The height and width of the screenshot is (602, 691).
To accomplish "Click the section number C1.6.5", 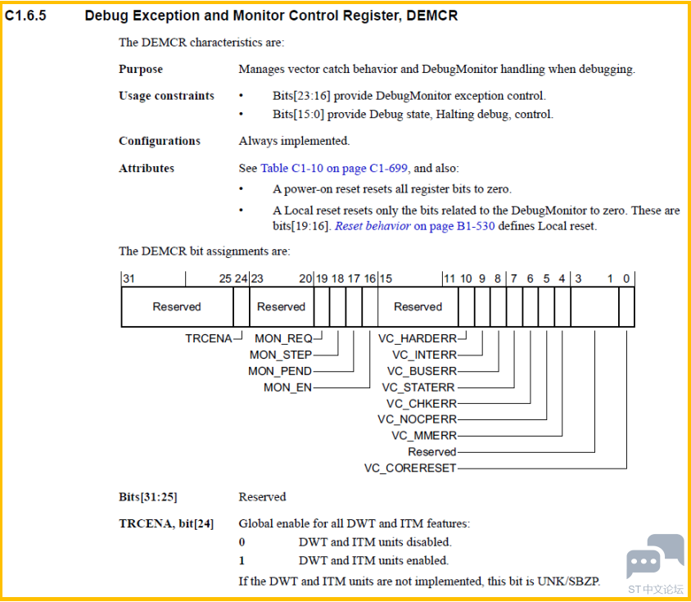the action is click(25, 16).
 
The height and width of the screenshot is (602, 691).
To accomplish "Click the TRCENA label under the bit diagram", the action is click(209, 338).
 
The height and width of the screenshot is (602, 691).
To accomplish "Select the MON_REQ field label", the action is click(283, 338).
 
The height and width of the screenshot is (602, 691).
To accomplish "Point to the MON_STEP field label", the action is click(281, 355).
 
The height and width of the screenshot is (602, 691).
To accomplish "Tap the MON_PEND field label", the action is click(280, 371).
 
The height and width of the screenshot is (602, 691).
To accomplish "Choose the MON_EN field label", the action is click(287, 387).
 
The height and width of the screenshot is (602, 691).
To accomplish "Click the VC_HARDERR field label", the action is click(418, 338).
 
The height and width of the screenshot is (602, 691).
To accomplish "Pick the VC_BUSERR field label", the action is click(422, 371).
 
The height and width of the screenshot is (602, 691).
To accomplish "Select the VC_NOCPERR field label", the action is click(418, 419).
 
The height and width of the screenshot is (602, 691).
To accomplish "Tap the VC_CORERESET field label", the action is click(410, 468).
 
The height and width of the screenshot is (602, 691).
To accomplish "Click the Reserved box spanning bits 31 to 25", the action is click(177, 307).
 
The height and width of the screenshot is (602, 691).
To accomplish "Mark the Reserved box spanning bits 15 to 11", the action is click(418, 307).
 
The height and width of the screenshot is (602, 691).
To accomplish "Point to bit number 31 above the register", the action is click(129, 278).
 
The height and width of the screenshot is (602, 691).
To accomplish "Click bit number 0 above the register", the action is click(626, 278).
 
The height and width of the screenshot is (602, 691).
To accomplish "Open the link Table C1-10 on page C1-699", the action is click(334, 168).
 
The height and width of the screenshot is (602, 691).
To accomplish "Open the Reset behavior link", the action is click(373, 226).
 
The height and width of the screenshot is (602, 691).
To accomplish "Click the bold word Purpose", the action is click(141, 70).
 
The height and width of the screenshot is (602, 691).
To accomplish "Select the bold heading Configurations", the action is click(160, 141).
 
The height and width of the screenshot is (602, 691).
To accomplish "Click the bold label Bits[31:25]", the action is click(148, 497).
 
